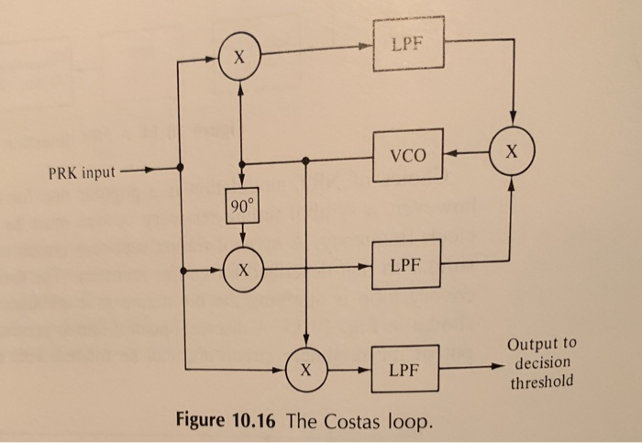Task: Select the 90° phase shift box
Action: tap(239, 209)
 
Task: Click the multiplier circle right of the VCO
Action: tap(514, 152)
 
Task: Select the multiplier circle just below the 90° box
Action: tap(240, 271)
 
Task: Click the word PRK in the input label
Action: tap(63, 172)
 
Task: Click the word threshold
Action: tap(542, 382)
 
